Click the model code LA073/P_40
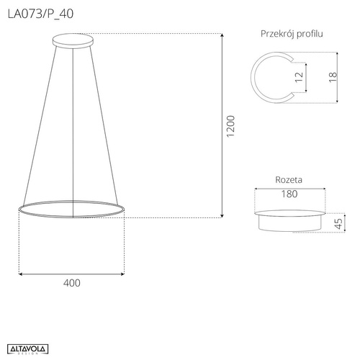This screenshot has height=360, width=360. pos(40,14)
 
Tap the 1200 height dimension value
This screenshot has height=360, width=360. pos(230,126)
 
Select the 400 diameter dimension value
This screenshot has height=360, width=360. pos(72,283)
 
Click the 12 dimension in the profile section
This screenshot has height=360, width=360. pos(299,77)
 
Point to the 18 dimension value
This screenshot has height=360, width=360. pos(333,77)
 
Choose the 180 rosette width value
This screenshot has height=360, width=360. pos(289,194)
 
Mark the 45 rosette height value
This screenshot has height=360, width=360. pos(338,224)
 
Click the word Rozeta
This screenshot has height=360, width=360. pos(289,180)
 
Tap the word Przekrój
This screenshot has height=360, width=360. pos(278,34)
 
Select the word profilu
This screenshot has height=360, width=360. pos(310,34)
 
